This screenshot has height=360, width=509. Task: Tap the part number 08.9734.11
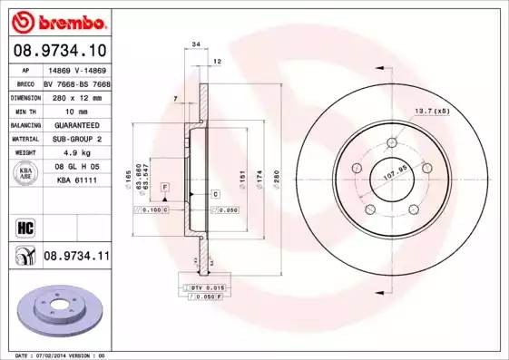coord(76,258)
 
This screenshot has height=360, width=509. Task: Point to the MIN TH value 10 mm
coord(64,110)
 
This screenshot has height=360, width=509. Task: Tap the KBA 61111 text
coord(71,181)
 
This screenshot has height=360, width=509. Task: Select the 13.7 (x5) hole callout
coord(432,111)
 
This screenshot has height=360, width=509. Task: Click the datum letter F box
coord(165,186)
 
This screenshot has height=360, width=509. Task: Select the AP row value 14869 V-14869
coord(75,69)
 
